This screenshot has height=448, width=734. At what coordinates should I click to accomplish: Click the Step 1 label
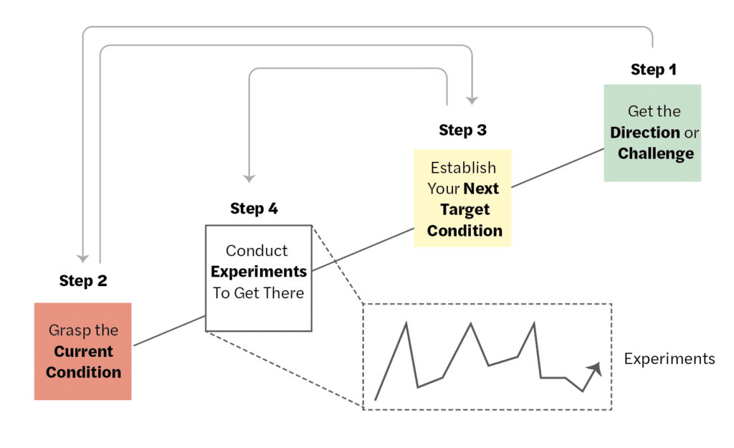pos(653,70)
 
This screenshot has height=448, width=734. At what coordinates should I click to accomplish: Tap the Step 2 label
pos(83,281)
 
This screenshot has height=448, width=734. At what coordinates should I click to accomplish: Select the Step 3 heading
pos(462,130)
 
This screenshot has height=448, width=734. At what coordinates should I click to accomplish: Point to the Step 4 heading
pos(254,209)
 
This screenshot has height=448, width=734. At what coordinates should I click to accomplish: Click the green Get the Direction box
pos(652,133)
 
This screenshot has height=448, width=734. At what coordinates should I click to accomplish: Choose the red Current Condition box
pos(83,351)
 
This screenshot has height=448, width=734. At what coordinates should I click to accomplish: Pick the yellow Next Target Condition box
pos(462,198)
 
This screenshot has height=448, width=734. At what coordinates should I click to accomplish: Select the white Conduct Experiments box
pos(259,278)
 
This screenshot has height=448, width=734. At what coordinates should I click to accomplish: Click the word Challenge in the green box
pos(656,153)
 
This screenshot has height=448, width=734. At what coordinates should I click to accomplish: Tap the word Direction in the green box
pos(645,133)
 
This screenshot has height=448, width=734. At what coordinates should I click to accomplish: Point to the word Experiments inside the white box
pos(259,272)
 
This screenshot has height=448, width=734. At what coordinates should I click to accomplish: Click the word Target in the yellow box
pos(466,209)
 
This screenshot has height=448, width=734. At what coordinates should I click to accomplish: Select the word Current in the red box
pos(84,351)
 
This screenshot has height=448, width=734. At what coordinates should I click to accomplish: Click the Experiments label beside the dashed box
pos(669,358)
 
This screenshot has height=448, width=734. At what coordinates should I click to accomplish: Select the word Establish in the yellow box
pos(463,168)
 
